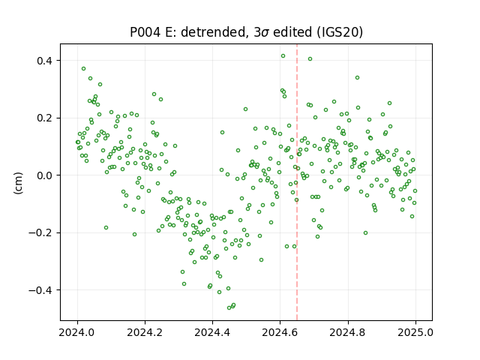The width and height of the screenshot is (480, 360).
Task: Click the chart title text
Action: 247,32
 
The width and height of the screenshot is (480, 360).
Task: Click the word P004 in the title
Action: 145,32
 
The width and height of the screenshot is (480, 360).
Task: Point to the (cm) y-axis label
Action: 18,183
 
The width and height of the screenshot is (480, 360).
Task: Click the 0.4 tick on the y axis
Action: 44,61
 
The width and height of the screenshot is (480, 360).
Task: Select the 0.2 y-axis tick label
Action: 44,118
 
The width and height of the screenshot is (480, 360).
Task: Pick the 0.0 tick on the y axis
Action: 44,175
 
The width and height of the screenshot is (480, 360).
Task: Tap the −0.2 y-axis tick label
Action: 40,233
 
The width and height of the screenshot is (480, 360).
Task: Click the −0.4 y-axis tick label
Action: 40,290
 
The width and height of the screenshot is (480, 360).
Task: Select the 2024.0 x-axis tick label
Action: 77,332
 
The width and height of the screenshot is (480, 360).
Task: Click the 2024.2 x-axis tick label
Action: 145,332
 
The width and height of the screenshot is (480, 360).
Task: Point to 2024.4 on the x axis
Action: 212,332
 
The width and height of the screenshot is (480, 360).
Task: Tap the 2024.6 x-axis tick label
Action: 280,332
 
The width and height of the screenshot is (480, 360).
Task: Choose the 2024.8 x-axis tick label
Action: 348,332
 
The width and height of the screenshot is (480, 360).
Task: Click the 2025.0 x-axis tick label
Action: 415,332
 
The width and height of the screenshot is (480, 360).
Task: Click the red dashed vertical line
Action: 297,182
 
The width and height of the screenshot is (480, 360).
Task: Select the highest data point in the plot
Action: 283,56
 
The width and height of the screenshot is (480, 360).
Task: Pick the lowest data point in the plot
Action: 229,307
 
